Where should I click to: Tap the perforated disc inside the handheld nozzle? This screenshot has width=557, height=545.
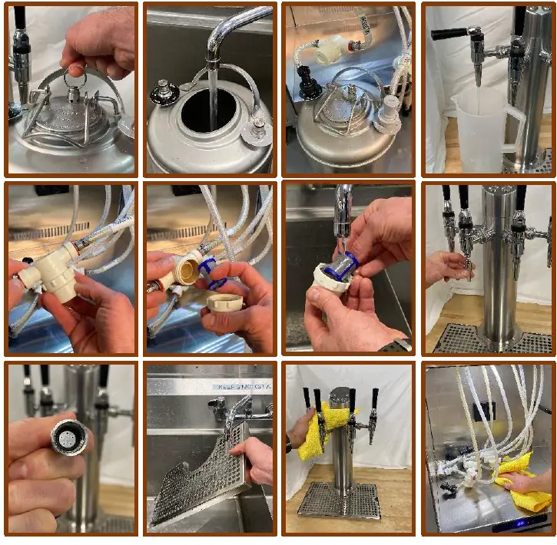pyautogui.click(x=65, y=438)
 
